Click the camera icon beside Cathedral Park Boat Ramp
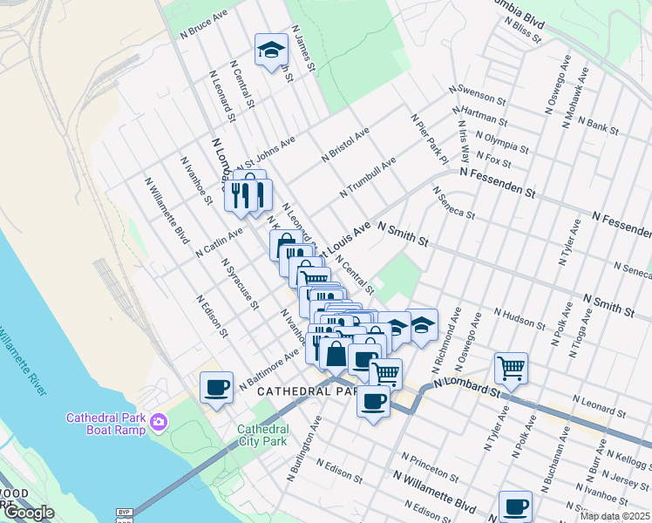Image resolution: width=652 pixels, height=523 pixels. pyautogui.click(x=158, y=423)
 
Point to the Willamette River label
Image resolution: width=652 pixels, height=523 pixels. pyautogui.click(x=21, y=360)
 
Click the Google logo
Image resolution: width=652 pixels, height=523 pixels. pyautogui.click(x=28, y=513)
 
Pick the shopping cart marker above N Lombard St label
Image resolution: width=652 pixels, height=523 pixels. pyautogui.click(x=511, y=366)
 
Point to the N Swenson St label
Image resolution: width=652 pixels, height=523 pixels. pyautogui.click(x=477, y=95)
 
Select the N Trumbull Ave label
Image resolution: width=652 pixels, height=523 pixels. pyautogui.click(x=370, y=174)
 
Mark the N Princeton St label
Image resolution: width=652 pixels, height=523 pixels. pyautogui.click(x=430, y=469)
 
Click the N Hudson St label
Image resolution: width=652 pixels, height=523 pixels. pyautogui.click(x=520, y=318)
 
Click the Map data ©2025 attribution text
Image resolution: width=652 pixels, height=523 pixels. pyautogui.click(x=615, y=516)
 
